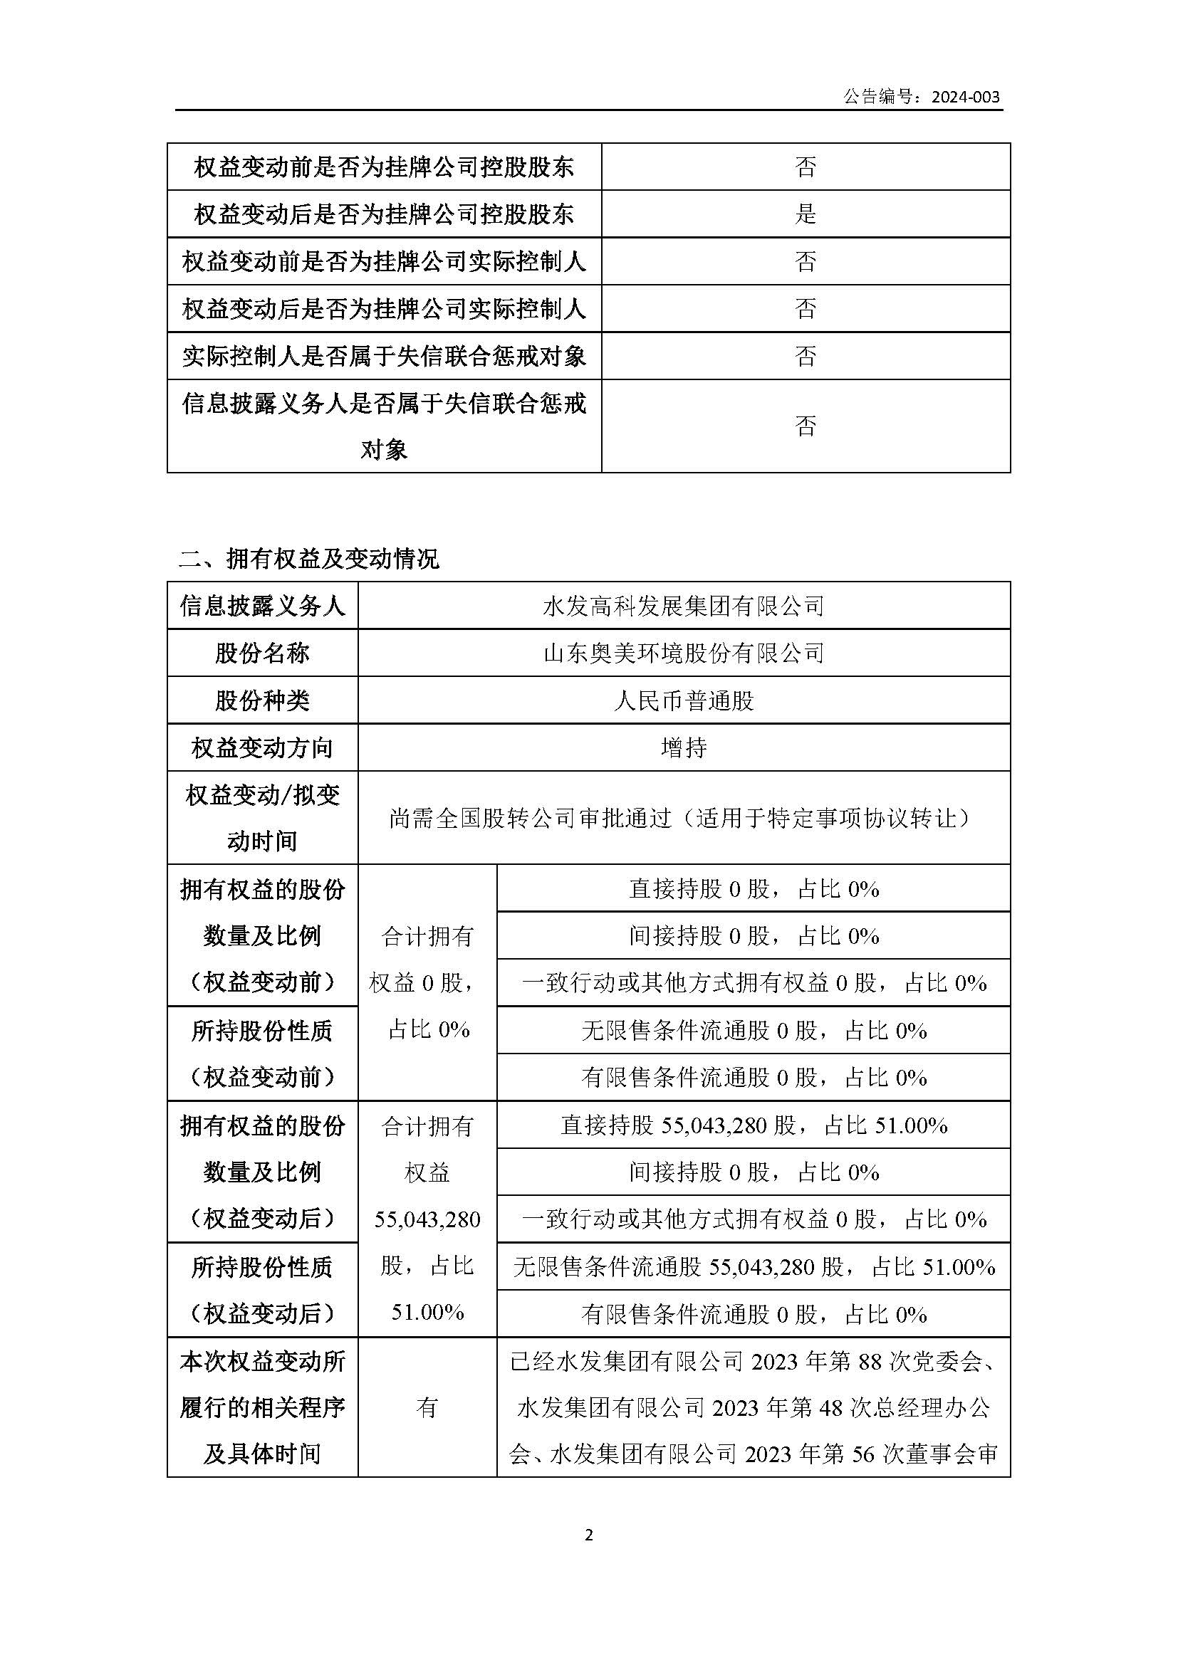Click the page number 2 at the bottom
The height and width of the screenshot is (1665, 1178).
coord(588,1535)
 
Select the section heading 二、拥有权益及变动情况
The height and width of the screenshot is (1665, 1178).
coord(309,558)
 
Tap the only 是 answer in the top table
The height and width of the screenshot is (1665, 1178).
coord(806,214)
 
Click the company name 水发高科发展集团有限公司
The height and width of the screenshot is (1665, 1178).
coord(683,606)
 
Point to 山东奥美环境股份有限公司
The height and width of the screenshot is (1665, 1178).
coord(683,653)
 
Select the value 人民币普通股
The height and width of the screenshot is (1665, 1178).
coord(683,700)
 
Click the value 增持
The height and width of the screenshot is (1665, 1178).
coord(683,747)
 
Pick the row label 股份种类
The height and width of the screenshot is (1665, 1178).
coord(262,700)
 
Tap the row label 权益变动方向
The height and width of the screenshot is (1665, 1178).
coord(262,747)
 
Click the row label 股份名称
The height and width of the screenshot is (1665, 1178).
coord(262,653)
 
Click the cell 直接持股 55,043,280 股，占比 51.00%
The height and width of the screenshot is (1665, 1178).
coord(754,1125)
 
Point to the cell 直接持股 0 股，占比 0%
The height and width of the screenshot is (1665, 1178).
coord(754,889)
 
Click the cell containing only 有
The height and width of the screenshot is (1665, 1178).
coord(427,1407)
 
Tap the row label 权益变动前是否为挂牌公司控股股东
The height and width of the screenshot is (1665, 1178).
coord(384,167)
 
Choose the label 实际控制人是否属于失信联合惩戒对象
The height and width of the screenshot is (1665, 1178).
coord(384,356)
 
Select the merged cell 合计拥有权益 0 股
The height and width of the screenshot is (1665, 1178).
coord(427,982)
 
